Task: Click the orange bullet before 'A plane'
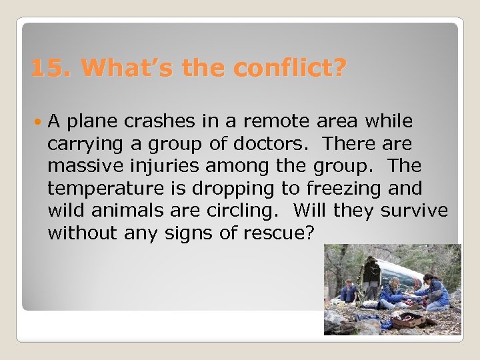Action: [38, 121]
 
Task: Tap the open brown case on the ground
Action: [407, 321]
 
